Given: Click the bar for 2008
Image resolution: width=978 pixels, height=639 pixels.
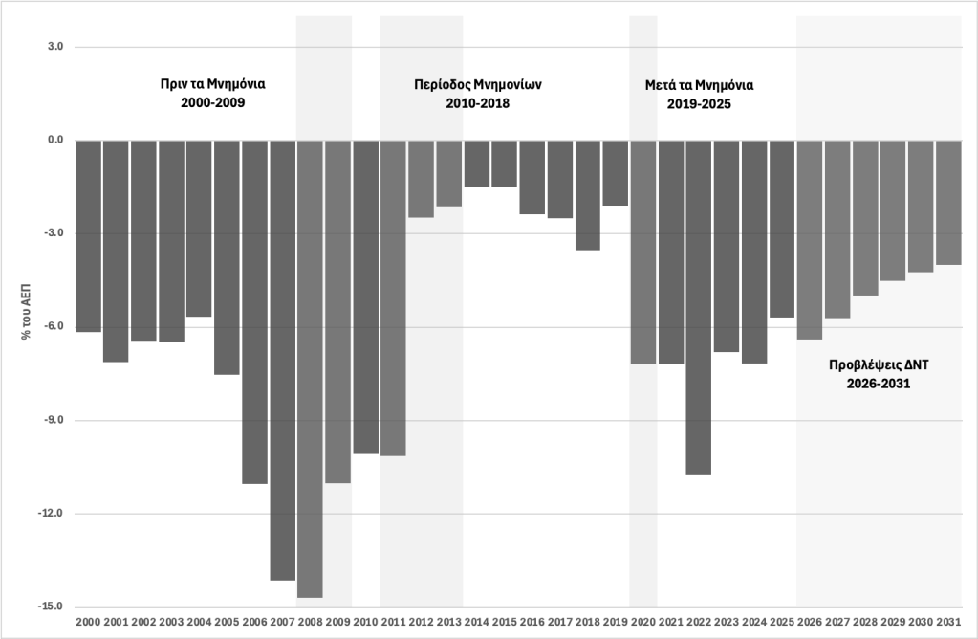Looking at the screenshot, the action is pos(310,369).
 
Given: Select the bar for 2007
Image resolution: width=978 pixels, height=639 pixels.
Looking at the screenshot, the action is pos(283,360).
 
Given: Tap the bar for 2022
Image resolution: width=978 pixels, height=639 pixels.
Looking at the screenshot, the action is pos(699,308).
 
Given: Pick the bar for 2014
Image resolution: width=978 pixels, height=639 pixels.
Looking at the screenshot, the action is pos(477,164).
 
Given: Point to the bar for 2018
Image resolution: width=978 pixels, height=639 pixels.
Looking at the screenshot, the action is pos(588,195).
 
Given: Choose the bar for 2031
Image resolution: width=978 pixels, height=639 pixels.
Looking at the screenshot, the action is pos(948,203).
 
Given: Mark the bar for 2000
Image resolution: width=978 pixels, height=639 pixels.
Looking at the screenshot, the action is pos(88,236).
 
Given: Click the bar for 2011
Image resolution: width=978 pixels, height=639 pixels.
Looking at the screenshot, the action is pos(394,298).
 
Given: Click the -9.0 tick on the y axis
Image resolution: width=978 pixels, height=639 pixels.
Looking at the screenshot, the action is pos(55,420).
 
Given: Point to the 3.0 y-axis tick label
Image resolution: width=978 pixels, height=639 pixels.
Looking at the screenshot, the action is pos(55,46).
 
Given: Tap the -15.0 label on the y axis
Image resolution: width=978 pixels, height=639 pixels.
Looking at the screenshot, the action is pos(54,606).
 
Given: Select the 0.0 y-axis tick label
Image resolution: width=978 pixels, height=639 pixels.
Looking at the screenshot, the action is pos(55,140).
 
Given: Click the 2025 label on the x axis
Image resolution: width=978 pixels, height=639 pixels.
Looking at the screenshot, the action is pos(782,622).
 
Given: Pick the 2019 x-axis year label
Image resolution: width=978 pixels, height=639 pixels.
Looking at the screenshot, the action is pos(616,622).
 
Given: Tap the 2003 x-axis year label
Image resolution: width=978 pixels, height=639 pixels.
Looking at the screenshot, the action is pos(171,622).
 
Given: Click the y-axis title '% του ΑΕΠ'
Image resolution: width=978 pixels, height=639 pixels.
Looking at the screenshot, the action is pos(26,312).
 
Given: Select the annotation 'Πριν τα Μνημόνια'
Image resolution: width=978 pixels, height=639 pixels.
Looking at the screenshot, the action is pos(212,83).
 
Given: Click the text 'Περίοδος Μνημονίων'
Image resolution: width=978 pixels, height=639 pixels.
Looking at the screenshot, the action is pos(478,84).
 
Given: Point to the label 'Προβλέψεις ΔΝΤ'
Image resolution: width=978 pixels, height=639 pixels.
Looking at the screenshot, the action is pos(879,364).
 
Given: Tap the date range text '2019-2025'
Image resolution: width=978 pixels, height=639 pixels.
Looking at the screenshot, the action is pos(699,104).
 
